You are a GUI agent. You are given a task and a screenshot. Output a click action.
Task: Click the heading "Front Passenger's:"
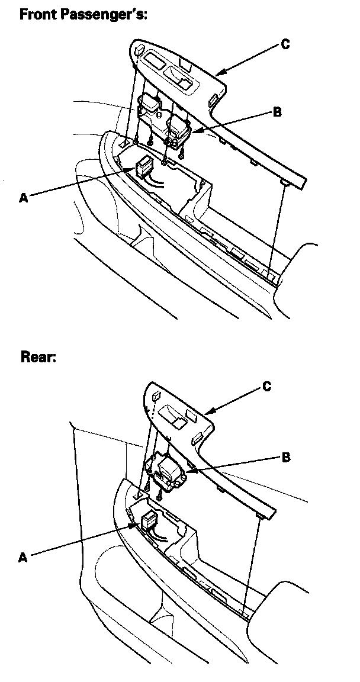click(83, 14)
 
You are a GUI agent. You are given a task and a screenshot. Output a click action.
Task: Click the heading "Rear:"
click(38, 357)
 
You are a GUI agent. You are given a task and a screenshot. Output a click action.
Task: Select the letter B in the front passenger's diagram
click(277, 112)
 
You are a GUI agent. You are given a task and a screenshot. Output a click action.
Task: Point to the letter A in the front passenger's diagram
click(23, 198)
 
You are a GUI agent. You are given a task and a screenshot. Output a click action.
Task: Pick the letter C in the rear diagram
click(266, 387)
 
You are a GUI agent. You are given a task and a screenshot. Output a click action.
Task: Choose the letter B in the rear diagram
click(285, 456)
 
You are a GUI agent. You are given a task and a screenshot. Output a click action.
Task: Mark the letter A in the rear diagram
click(23, 557)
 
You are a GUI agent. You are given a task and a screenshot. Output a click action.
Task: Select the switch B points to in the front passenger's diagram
click(179, 128)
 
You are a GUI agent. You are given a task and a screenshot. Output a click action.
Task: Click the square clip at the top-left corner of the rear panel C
click(156, 395)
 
